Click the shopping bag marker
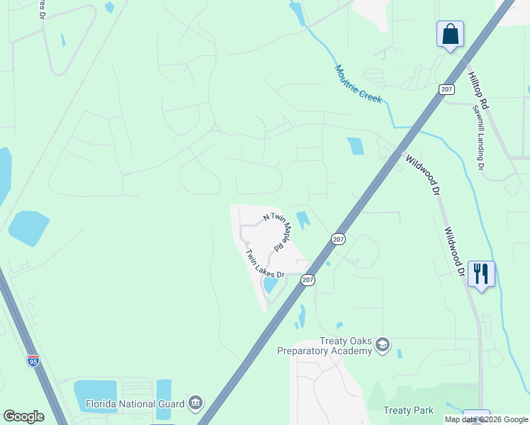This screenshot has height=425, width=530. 450,34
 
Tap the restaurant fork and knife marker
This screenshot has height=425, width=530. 481,273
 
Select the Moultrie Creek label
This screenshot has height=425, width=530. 359,84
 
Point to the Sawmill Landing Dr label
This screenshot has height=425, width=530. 478,137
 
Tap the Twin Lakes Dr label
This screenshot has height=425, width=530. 264,263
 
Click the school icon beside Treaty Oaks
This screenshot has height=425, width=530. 383,345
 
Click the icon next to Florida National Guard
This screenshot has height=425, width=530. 196,404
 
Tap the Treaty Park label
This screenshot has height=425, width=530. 407,410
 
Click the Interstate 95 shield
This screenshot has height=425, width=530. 33,361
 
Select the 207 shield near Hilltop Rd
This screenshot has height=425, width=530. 446,89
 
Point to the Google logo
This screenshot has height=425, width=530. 23,416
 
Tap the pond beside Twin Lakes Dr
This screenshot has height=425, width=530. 271,285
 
